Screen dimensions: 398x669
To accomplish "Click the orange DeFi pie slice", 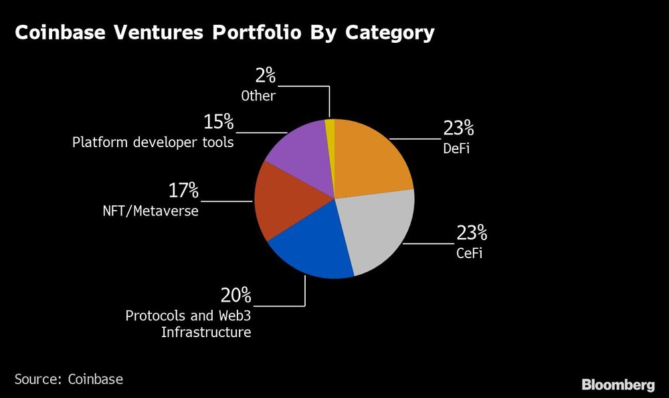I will tap(371, 157).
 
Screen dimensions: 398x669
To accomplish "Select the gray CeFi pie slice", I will tap(378, 231).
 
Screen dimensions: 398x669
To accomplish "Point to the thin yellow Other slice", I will tap(330, 130).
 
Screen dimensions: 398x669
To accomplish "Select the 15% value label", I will tap(218, 122).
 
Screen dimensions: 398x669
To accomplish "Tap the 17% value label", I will tap(183, 191).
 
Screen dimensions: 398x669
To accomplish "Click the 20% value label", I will tap(235, 295).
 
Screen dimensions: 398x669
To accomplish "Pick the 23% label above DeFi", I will tap(458, 128).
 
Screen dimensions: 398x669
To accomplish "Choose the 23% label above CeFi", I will tap(472, 233).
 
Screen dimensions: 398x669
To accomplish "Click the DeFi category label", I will tap(456, 148).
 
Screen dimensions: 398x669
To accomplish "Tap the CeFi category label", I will tap(470, 254).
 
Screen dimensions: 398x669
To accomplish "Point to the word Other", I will tap(258, 96).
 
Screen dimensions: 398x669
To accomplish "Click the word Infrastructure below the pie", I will tap(206, 332).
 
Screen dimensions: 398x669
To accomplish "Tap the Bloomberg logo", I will tap(617, 385).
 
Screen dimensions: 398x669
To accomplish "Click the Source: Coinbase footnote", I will tap(69, 379).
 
